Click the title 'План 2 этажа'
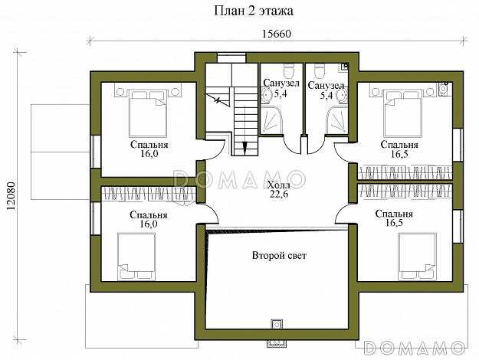(253, 11)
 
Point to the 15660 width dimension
(277, 34)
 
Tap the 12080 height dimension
(11, 196)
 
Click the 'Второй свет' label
(279, 256)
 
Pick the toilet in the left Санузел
(288, 70)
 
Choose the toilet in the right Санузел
(320, 70)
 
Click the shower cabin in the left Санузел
(273, 120)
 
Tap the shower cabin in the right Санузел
(336, 120)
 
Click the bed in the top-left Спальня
(148, 113)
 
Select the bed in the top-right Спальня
(403, 113)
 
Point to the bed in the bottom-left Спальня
(136, 257)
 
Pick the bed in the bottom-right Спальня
(417, 257)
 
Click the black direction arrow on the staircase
(244, 149)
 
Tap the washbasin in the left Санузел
(266, 95)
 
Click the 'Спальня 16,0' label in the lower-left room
(149, 219)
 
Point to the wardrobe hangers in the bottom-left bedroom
(149, 195)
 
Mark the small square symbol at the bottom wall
(277, 324)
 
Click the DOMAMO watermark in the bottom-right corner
(415, 348)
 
